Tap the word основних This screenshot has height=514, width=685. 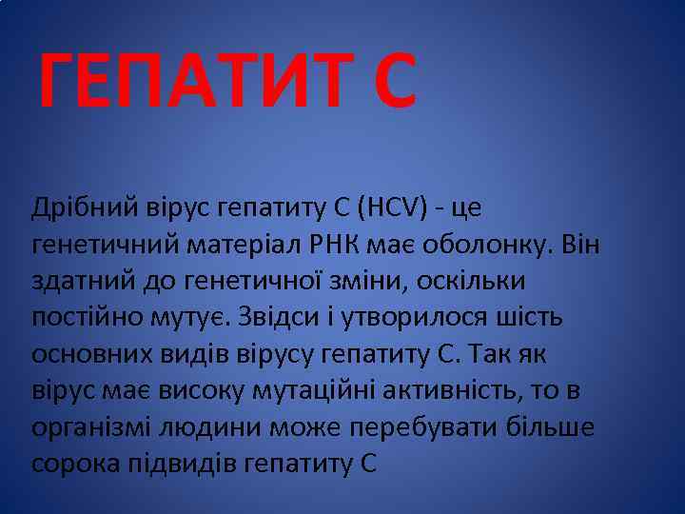[x=88, y=354]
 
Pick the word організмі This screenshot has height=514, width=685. [x=90, y=427]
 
